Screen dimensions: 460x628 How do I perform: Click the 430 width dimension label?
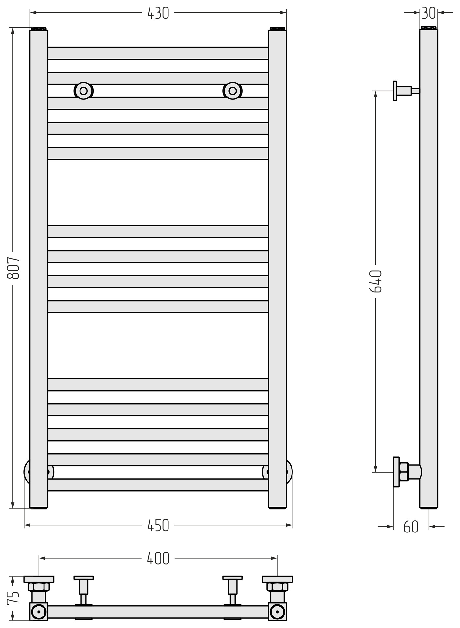click(x=158, y=13)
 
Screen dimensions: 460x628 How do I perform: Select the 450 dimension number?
click(x=158, y=526)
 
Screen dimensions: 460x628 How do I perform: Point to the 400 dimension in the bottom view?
click(x=158, y=558)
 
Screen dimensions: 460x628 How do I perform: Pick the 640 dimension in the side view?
click(x=376, y=281)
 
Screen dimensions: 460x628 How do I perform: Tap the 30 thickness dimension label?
click(x=429, y=13)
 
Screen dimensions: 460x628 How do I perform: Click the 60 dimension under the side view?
click(x=411, y=527)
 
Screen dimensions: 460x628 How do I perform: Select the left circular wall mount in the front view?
click(x=83, y=91)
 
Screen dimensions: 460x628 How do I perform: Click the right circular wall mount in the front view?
click(x=233, y=91)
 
